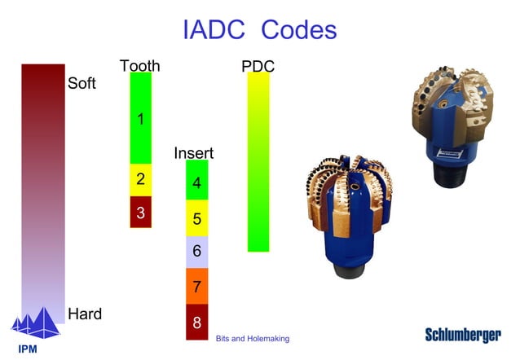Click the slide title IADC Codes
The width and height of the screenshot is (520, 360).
pyautogui.click(x=260, y=30)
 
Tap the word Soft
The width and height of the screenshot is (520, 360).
pyautogui.click(x=82, y=83)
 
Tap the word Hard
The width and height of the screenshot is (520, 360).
pyautogui.click(x=85, y=314)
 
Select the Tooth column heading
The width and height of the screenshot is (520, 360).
pyautogui.click(x=140, y=66)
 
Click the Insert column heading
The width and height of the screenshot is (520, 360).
pyautogui.click(x=194, y=153)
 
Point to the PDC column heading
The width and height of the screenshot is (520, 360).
pyautogui.click(x=258, y=66)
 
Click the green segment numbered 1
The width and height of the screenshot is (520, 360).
pyautogui.click(x=141, y=119)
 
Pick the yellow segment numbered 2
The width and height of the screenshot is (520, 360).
pyautogui.click(x=141, y=180)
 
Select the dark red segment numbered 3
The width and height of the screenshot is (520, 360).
pyautogui.click(x=141, y=212)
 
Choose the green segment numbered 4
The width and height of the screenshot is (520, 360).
pyautogui.click(x=197, y=182)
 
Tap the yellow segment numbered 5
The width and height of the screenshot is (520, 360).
pyautogui.click(x=197, y=218)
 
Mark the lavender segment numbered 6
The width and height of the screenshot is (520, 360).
pyautogui.click(x=197, y=252)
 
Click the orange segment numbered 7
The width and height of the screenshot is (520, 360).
pyautogui.click(x=197, y=286)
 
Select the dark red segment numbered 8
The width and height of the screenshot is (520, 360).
pyautogui.click(x=197, y=322)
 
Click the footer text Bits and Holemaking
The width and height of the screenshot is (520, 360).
pyautogui.click(x=253, y=338)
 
